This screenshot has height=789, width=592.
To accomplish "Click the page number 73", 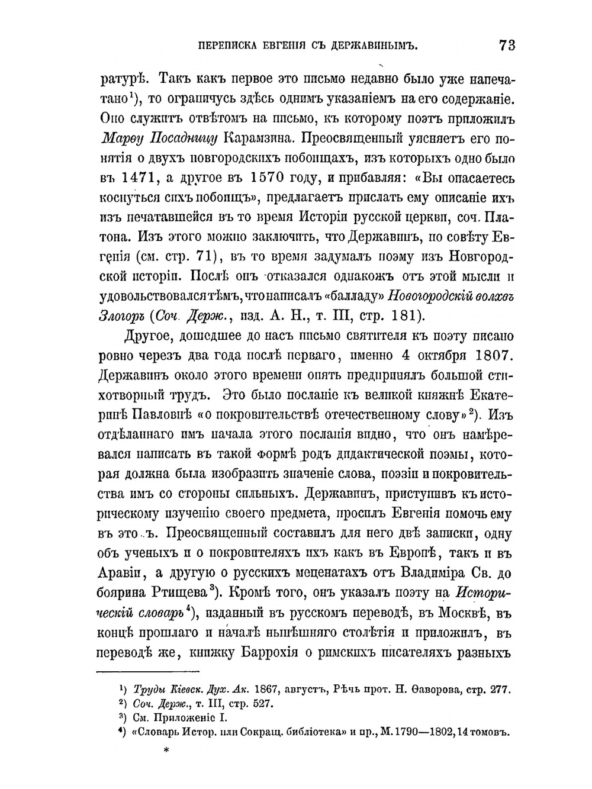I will (507, 46).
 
